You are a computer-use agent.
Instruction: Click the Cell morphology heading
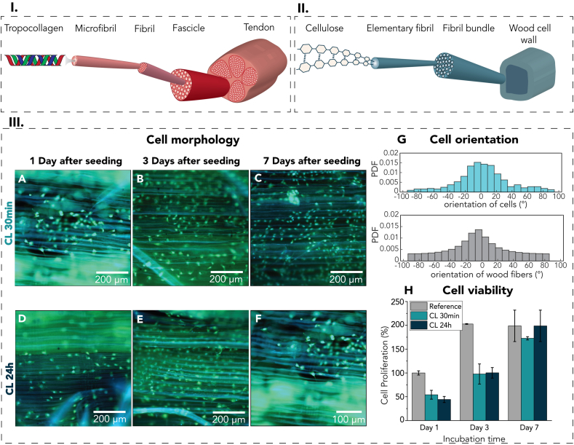(188, 140)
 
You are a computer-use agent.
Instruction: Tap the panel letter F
(259, 320)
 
